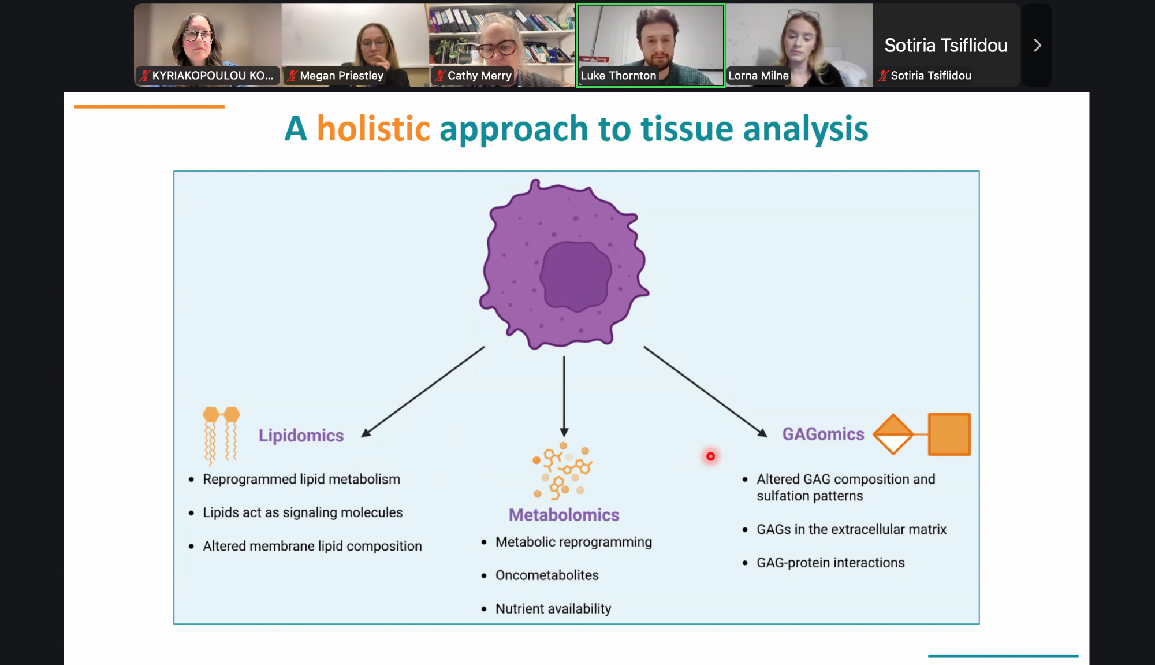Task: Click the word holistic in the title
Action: pos(373,128)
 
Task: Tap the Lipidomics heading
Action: pos(301,435)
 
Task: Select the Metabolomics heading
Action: pos(564,515)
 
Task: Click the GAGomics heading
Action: pos(823,434)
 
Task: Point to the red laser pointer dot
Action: pos(710,456)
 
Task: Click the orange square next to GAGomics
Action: pos(949,434)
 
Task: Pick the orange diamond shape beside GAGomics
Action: pos(893,434)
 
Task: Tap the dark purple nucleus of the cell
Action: pos(576,276)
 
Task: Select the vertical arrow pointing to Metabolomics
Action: pos(564,396)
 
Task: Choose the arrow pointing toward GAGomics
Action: pos(705,391)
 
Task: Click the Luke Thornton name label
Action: pos(618,76)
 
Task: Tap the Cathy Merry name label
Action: pos(479,76)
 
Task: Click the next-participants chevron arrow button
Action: pos(1037,46)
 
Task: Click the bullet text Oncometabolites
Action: pos(547,575)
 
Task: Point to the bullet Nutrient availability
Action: pos(553,609)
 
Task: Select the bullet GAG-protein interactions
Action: pos(830,563)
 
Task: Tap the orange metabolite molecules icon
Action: pos(562,470)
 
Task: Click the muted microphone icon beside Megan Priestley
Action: pos(293,76)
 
